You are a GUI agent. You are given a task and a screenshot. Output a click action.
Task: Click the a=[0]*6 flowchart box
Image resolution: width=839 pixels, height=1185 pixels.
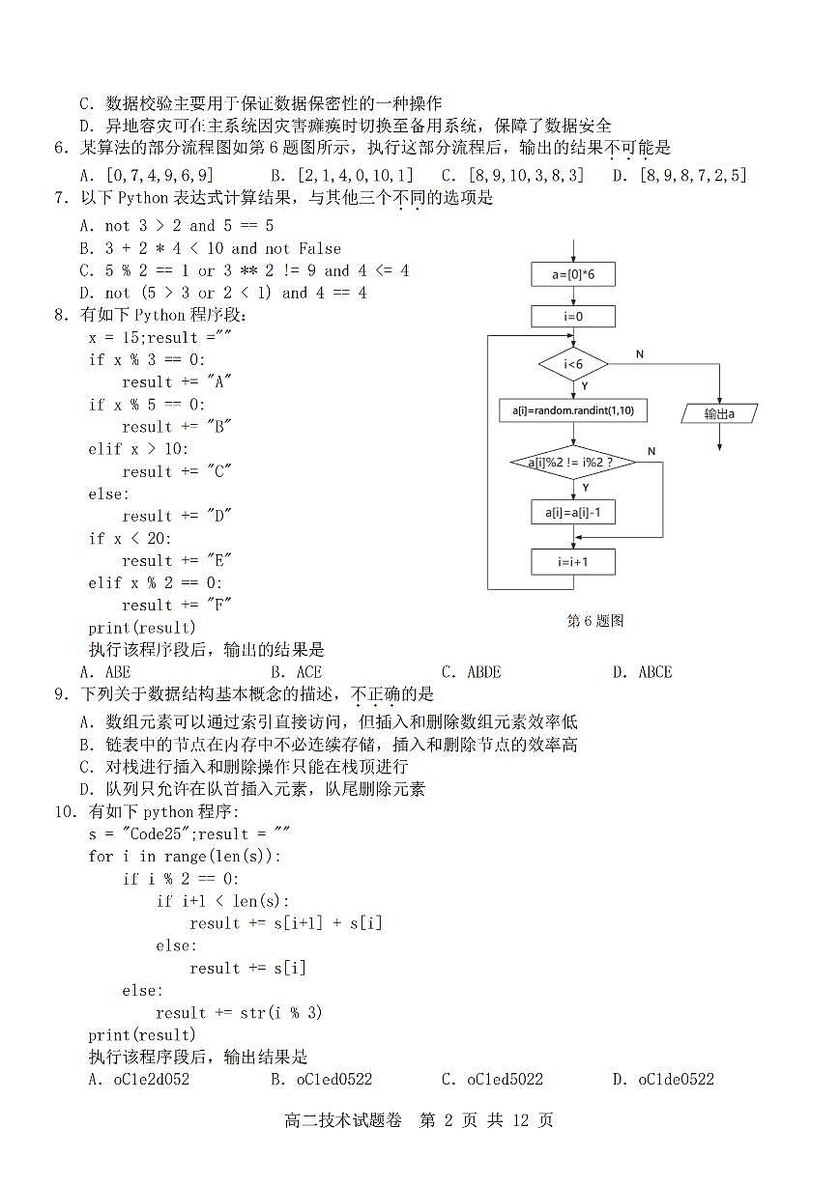point(572,275)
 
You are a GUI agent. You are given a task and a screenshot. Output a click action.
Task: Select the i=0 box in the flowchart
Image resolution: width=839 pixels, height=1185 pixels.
point(572,316)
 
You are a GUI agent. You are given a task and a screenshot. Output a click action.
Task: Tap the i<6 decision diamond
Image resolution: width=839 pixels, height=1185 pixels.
point(573,364)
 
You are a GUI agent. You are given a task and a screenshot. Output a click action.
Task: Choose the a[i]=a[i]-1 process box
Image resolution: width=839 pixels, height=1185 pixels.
point(572,512)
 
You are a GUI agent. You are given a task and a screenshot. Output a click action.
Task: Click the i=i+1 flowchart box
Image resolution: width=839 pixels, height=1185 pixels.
point(572,561)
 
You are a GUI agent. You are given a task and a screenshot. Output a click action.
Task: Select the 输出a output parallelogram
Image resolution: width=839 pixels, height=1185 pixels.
point(719,413)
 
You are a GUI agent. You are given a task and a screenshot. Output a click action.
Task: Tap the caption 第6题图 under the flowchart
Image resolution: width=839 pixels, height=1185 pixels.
point(594,621)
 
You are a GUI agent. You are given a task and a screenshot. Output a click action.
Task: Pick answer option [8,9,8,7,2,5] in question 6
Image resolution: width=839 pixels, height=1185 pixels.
point(681,175)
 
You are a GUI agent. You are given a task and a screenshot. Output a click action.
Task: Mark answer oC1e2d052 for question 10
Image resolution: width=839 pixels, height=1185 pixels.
point(139,1079)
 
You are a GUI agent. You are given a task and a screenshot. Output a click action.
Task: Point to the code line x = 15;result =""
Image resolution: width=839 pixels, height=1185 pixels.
point(160,337)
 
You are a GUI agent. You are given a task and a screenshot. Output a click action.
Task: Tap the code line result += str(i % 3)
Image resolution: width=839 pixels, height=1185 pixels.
point(239,1012)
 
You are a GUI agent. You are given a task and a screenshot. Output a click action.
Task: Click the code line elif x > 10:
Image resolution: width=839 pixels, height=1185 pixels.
point(139,449)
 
